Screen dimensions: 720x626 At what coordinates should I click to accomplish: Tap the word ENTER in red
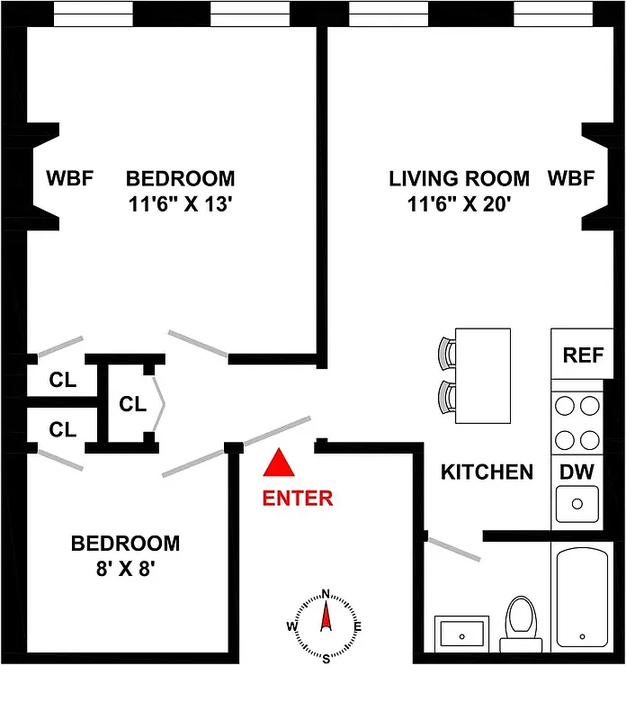tap(298, 498)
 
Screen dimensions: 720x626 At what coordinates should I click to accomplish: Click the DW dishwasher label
tap(576, 471)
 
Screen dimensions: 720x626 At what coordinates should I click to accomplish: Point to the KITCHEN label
tap(487, 472)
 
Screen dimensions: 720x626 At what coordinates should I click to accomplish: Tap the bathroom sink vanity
tap(461, 634)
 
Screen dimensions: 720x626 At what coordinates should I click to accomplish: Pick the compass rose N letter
tap(326, 593)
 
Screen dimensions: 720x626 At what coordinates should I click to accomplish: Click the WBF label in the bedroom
tap(70, 178)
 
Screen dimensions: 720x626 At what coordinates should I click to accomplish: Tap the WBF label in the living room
tap(571, 178)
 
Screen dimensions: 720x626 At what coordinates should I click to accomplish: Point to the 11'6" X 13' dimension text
tap(180, 203)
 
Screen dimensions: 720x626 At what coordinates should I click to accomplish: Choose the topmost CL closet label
tap(63, 379)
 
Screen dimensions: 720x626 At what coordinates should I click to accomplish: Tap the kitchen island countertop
tap(483, 375)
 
